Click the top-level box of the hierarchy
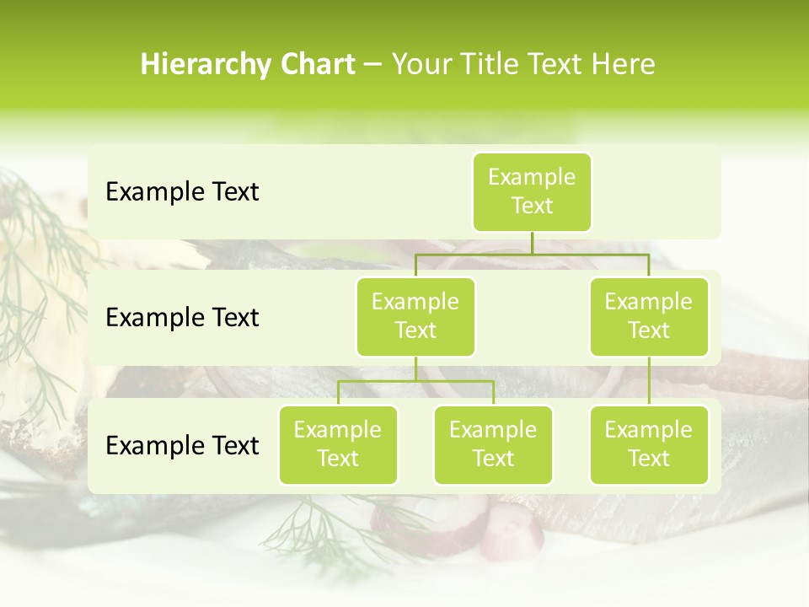click(532, 191)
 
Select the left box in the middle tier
click(415, 316)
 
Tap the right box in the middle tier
click(649, 316)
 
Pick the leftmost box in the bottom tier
click(338, 444)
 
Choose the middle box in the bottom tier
click(493, 444)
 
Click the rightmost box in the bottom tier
click(649, 444)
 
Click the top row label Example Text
click(182, 192)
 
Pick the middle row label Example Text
click(182, 318)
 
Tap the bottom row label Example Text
click(182, 446)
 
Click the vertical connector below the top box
click(532, 243)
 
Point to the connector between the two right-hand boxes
click(649, 381)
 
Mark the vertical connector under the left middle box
click(415, 368)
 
